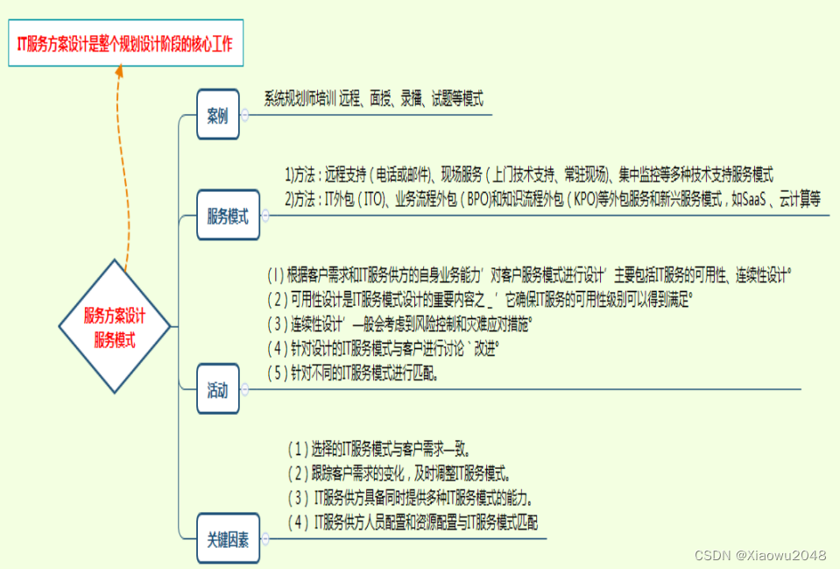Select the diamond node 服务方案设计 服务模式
point(115,327)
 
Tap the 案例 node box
point(217,115)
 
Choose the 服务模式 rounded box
point(228,216)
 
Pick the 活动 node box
point(217,389)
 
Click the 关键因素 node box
point(228,539)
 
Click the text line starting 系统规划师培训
point(374,99)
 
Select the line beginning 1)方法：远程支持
point(528,175)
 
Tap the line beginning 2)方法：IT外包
point(552,199)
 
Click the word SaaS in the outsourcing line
point(756,199)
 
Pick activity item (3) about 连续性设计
point(400,324)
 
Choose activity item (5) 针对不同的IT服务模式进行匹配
point(353,373)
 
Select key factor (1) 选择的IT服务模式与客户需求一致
point(379,450)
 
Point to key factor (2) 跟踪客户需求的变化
point(399,474)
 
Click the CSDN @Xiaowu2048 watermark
point(760,556)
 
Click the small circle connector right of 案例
point(245,115)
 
